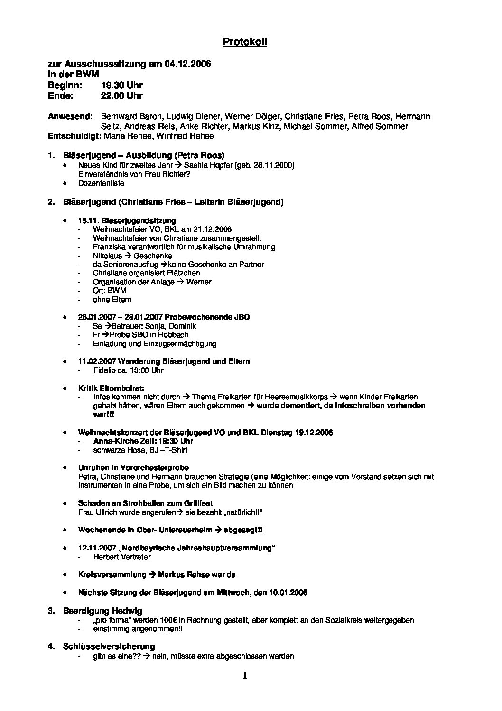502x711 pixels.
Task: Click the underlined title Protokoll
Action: pyautogui.click(x=245, y=42)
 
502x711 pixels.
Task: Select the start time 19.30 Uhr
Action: pyautogui.click(x=121, y=85)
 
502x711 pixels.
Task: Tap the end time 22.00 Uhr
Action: pyautogui.click(x=121, y=95)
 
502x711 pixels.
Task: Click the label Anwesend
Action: pyautogui.click(x=69, y=116)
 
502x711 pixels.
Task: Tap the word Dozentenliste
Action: pyautogui.click(x=102, y=183)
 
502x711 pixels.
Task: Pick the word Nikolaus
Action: pyautogui.click(x=107, y=256)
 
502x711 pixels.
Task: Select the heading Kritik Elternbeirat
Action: pyautogui.click(x=111, y=388)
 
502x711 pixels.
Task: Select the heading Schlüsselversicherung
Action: pyautogui.click(x=109, y=646)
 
